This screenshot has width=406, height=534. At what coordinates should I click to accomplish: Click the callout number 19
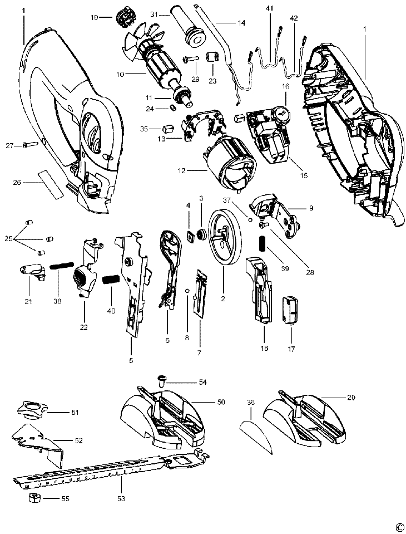click(94, 18)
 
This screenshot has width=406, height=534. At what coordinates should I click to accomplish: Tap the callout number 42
click(294, 18)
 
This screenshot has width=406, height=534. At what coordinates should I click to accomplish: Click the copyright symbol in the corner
click(399, 527)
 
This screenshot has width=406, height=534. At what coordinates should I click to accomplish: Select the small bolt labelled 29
click(191, 58)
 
